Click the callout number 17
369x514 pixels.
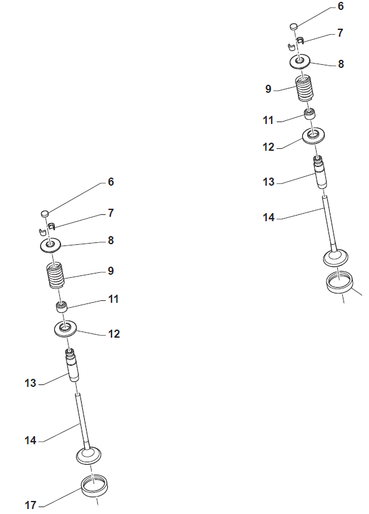31,505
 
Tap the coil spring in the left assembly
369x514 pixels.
55,275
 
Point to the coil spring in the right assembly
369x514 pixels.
305,88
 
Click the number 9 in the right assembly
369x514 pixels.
268,89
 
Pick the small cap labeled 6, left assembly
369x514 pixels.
45,214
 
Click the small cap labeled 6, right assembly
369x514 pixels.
294,26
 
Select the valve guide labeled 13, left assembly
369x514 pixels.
72,366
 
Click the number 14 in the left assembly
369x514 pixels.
31,440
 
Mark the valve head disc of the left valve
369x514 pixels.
89,455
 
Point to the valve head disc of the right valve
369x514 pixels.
335,258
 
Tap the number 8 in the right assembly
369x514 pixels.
341,64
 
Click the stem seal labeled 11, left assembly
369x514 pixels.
62,307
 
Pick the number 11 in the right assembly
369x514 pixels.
268,120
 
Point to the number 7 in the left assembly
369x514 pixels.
111,212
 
